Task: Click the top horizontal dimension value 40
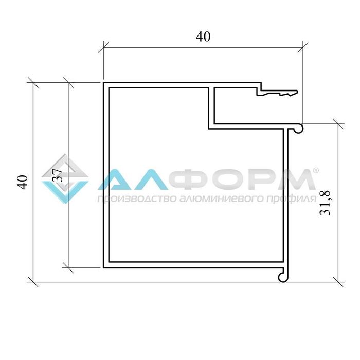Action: tap(203, 37)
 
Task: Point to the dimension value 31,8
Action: tap(325, 203)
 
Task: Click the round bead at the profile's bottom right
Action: tap(283, 277)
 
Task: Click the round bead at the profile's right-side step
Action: tap(298, 129)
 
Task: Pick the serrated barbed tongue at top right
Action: tap(277, 93)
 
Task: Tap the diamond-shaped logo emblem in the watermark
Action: tap(65, 178)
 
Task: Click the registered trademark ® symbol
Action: tap(316, 170)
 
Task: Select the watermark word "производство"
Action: tap(136, 199)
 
